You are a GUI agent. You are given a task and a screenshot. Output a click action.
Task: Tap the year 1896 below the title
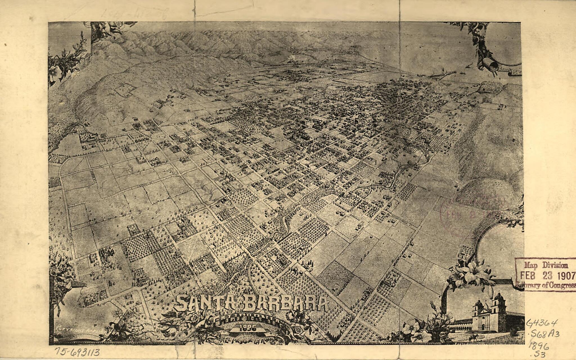[247, 328]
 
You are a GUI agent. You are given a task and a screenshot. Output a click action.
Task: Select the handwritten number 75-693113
[77, 352]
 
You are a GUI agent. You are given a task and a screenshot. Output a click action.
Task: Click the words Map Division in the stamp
[546, 265]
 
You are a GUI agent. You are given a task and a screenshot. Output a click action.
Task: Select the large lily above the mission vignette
[475, 272]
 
